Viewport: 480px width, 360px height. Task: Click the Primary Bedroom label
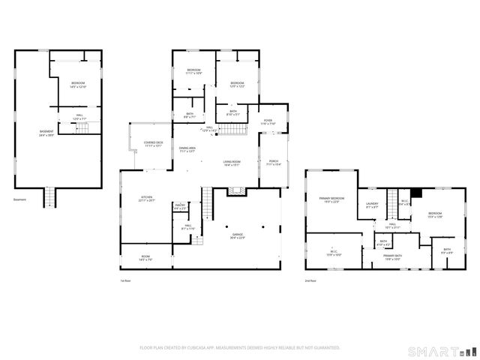click(x=331, y=199)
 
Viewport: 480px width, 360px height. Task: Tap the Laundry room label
click(x=371, y=205)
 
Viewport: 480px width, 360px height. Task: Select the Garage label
click(x=238, y=236)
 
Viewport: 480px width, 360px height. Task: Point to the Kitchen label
click(x=146, y=199)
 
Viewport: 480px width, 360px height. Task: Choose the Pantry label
click(x=180, y=205)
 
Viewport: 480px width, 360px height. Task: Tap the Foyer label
click(x=268, y=121)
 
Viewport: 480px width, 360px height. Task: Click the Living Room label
click(x=231, y=163)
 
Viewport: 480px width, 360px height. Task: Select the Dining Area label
click(x=187, y=150)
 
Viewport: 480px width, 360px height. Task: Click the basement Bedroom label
click(x=79, y=85)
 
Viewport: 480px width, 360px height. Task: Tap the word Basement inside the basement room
click(x=46, y=133)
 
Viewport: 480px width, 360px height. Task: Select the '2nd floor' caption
click(x=310, y=280)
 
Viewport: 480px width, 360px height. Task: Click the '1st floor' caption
click(x=125, y=280)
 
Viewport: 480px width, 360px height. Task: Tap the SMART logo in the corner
click(x=441, y=351)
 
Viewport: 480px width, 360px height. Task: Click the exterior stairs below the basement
click(x=50, y=198)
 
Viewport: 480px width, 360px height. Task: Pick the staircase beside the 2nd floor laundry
click(x=391, y=203)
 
